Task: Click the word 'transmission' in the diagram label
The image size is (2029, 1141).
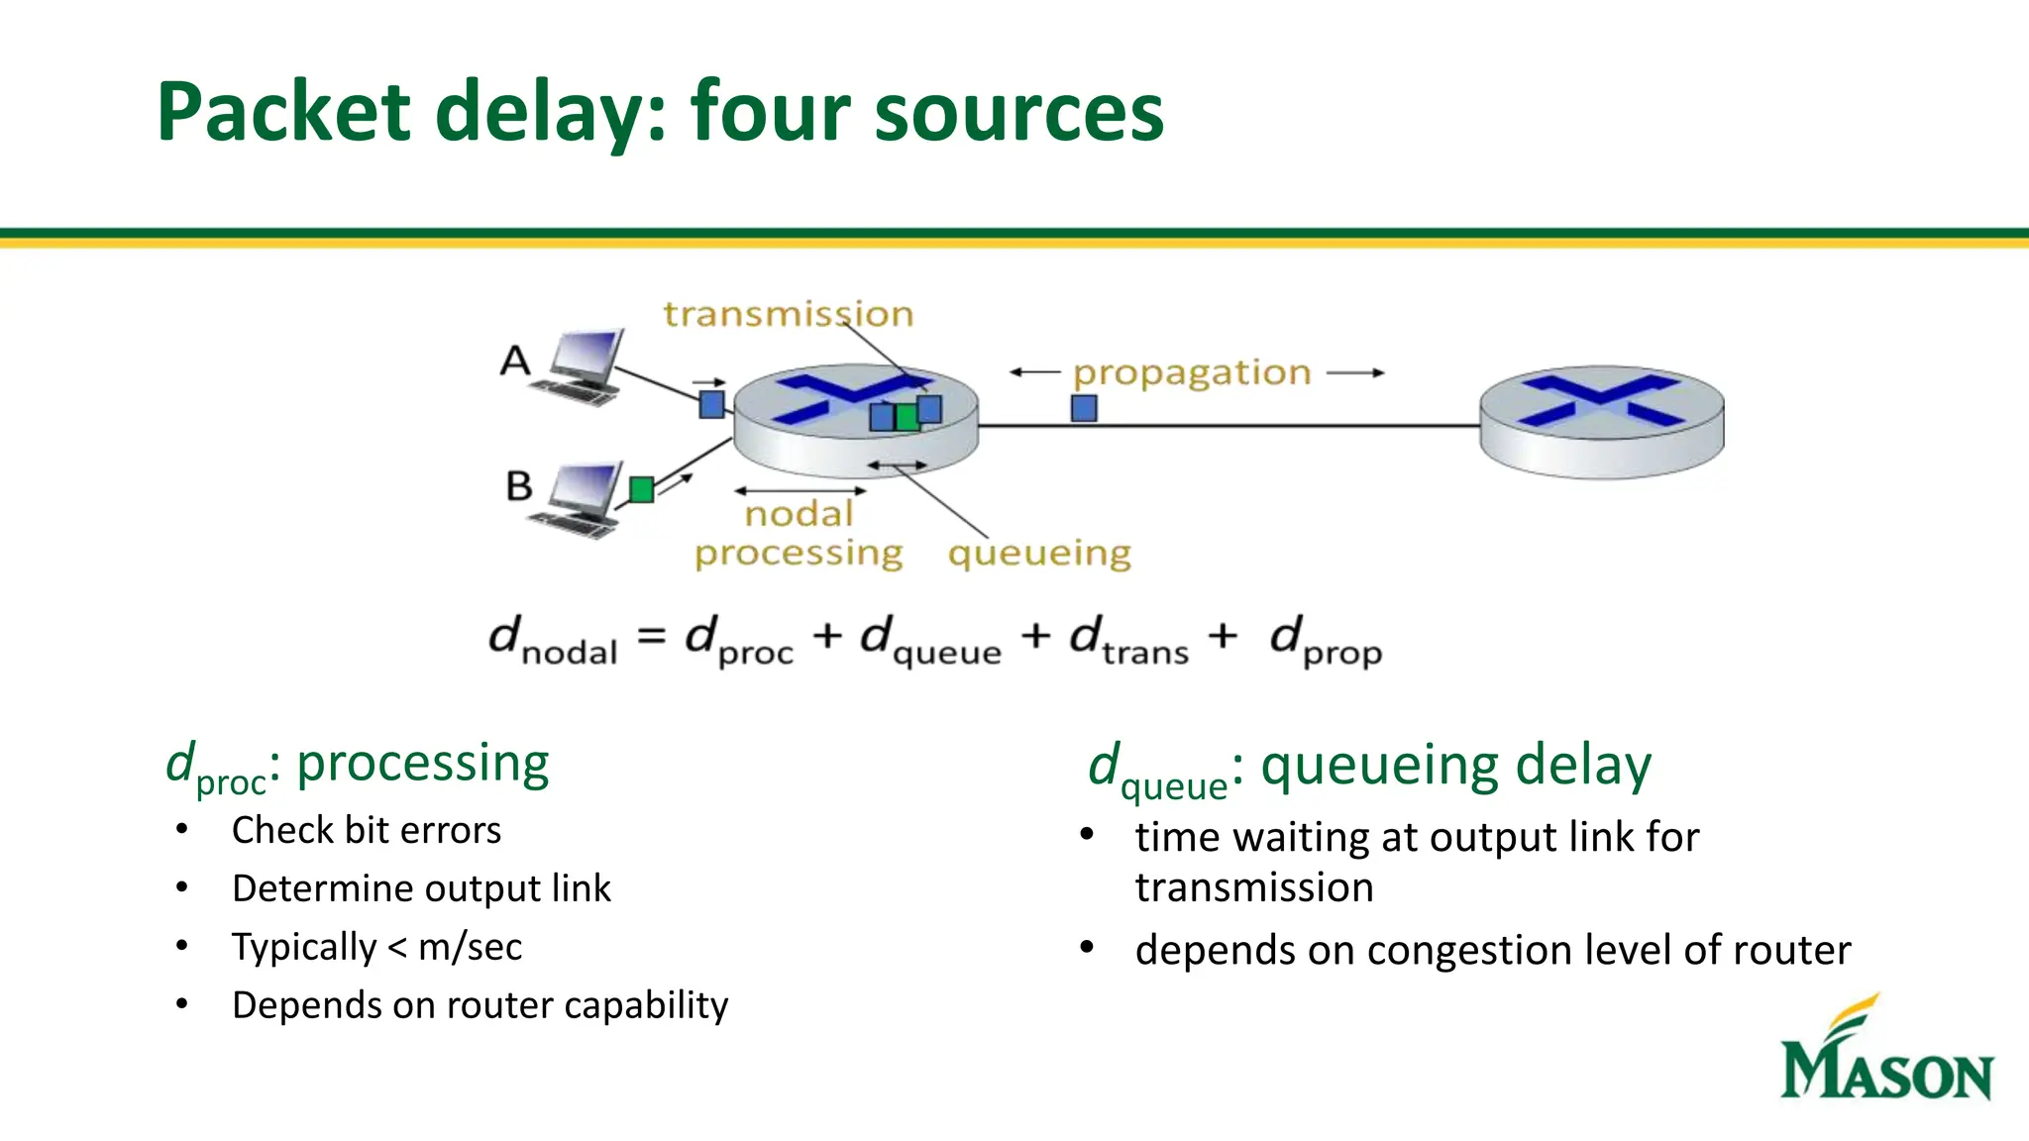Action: [788, 314]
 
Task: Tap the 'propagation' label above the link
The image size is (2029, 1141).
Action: [1192, 373]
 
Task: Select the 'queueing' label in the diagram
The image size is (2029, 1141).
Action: [1039, 553]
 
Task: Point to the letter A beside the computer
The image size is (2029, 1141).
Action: [515, 361]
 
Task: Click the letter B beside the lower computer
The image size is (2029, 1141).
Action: [519, 486]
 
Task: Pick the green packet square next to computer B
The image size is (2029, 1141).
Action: [642, 489]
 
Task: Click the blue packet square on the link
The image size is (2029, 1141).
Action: [1084, 408]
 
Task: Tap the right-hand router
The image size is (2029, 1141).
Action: [1601, 421]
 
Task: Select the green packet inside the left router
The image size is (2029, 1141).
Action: [907, 417]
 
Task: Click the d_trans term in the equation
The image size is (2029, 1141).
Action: [1128, 641]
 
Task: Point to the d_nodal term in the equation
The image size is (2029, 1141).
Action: [553, 641]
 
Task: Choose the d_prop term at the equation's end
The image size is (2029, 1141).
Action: [1326, 641]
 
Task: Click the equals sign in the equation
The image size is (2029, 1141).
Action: [651, 636]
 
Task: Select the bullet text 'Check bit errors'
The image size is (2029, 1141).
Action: [367, 830]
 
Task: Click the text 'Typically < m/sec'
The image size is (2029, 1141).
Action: [376, 947]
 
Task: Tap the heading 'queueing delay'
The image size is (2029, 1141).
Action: [1455, 766]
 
